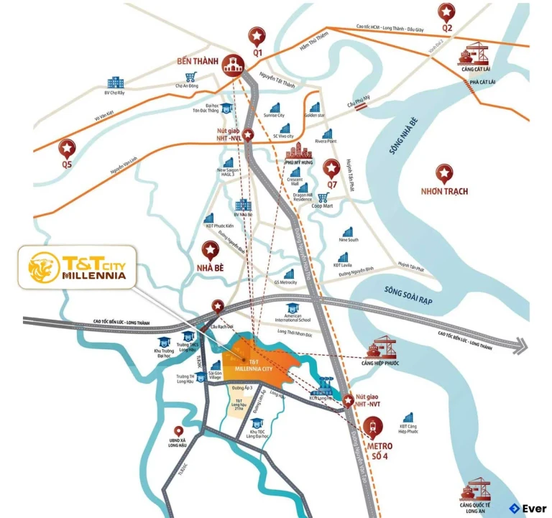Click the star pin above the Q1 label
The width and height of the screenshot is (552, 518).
(257, 34)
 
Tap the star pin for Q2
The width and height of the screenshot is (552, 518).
(447, 11)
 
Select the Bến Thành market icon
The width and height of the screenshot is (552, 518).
(231, 64)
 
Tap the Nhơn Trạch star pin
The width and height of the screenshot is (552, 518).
(446, 172)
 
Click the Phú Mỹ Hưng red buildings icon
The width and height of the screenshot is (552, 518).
(296, 153)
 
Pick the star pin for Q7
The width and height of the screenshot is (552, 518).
(331, 168)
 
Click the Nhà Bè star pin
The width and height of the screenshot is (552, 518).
(211, 250)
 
